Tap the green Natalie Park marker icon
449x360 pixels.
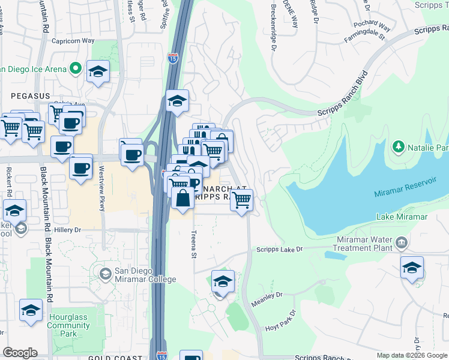398,147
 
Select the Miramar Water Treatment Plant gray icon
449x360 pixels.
401,243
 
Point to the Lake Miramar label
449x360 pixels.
402,217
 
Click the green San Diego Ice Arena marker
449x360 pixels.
76,69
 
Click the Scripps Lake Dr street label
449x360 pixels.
280,249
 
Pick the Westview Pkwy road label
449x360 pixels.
100,188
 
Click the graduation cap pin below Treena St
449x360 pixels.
223,281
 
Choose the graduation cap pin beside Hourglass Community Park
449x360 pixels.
31,310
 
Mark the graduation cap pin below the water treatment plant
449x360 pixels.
412,268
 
